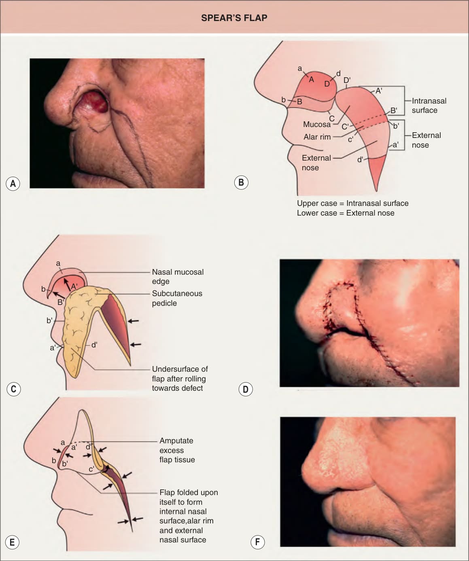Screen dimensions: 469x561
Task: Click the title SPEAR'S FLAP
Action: (234, 18)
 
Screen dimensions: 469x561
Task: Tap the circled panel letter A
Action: (13, 184)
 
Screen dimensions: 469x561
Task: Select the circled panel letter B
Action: (241, 182)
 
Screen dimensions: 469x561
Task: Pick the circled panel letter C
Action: (13, 389)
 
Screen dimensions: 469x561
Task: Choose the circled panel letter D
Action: (246, 389)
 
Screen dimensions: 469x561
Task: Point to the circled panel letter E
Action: (12, 542)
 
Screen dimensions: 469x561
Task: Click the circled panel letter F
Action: (257, 542)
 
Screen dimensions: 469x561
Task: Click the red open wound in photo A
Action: (97, 102)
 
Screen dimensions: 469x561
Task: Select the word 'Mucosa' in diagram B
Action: (316, 125)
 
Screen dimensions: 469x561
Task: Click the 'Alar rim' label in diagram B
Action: (317, 137)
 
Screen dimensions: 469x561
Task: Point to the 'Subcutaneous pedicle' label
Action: (177, 298)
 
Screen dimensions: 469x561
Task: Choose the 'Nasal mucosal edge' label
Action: (178, 277)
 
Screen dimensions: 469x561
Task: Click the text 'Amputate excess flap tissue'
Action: (177, 450)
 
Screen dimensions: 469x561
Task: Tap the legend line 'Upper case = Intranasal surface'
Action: (352, 203)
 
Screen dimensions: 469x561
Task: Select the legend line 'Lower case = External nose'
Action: (346, 213)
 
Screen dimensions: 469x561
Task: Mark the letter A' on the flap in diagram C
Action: (74, 287)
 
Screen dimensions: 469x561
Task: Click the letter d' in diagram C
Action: (94, 345)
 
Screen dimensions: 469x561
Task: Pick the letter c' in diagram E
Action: (91, 469)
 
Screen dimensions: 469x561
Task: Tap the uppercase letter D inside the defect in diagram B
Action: (327, 84)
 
